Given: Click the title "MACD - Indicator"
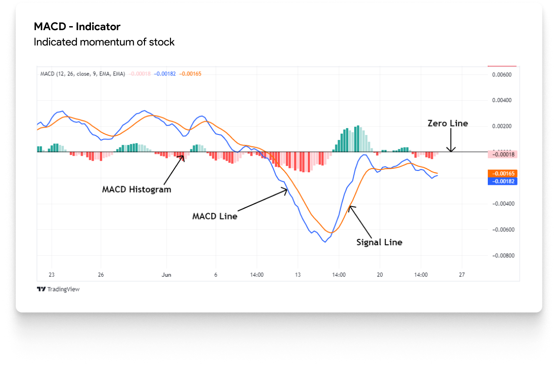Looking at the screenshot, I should pyautogui.click(x=77, y=27).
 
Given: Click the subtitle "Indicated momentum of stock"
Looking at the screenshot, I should pyautogui.click(x=104, y=42).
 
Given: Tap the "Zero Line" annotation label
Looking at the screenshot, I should pyautogui.click(x=447, y=123).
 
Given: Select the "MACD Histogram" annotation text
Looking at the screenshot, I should pyautogui.click(x=136, y=189).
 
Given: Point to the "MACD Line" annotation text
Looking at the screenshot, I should pyautogui.click(x=215, y=216).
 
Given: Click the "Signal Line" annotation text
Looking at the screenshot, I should pyautogui.click(x=379, y=242).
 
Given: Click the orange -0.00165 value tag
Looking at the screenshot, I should pyautogui.click(x=502, y=173).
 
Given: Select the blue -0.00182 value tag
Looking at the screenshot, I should pyautogui.click(x=502, y=181).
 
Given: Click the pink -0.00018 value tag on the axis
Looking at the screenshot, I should pyautogui.click(x=502, y=154).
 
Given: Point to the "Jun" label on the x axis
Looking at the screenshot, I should pyautogui.click(x=166, y=275).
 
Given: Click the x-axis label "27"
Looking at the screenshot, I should pyautogui.click(x=462, y=275).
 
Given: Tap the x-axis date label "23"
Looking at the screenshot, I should pyautogui.click(x=51, y=275).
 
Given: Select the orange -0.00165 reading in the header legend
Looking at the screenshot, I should pyautogui.click(x=190, y=74).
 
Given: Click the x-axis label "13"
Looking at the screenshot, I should pyautogui.click(x=297, y=275).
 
